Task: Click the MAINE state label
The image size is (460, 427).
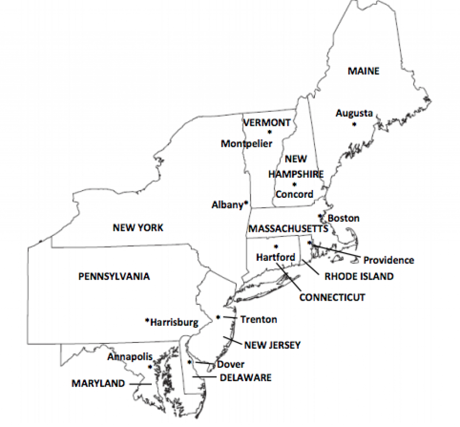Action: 363,71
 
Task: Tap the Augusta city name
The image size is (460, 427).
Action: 354,114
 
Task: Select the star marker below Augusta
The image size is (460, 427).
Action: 354,124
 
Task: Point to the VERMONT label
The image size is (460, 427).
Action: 267,122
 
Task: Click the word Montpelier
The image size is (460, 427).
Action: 247,144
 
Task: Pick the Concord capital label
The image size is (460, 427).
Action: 294,195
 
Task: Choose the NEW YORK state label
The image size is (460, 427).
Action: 138,228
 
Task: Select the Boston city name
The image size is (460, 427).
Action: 344,218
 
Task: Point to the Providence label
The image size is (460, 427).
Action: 389,260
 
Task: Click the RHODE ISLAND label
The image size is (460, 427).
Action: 359,276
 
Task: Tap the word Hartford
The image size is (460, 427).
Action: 276,258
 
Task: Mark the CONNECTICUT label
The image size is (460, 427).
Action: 332,298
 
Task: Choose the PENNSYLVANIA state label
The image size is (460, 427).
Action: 114,276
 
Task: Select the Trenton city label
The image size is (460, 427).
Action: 259,320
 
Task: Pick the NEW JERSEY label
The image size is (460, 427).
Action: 272,345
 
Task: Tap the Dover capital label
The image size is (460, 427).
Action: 230,365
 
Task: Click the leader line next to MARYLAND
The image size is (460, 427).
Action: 140,384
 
